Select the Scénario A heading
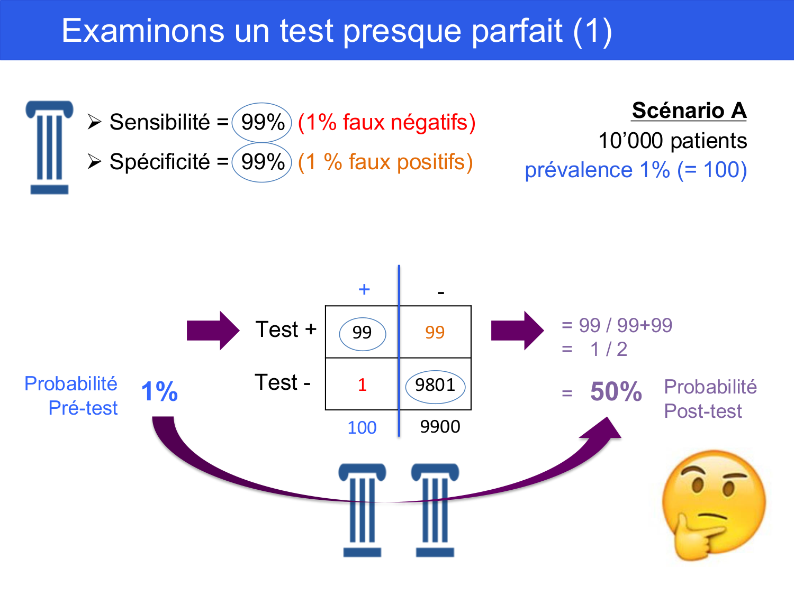[689, 110]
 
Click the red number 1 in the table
[362, 385]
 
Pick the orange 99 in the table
[435, 332]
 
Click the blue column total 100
[362, 427]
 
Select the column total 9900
[440, 427]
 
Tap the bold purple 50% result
[616, 391]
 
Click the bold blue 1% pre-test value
[159, 391]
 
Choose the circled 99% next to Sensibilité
[262, 123]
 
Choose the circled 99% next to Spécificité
[262, 162]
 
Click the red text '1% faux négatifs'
[387, 123]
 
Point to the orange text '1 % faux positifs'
[385, 162]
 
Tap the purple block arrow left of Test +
[213, 331]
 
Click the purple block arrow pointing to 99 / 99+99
[517, 331]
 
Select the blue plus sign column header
[364, 289]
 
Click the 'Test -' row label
[283, 382]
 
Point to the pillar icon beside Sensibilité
[50, 148]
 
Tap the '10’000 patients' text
[672, 141]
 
